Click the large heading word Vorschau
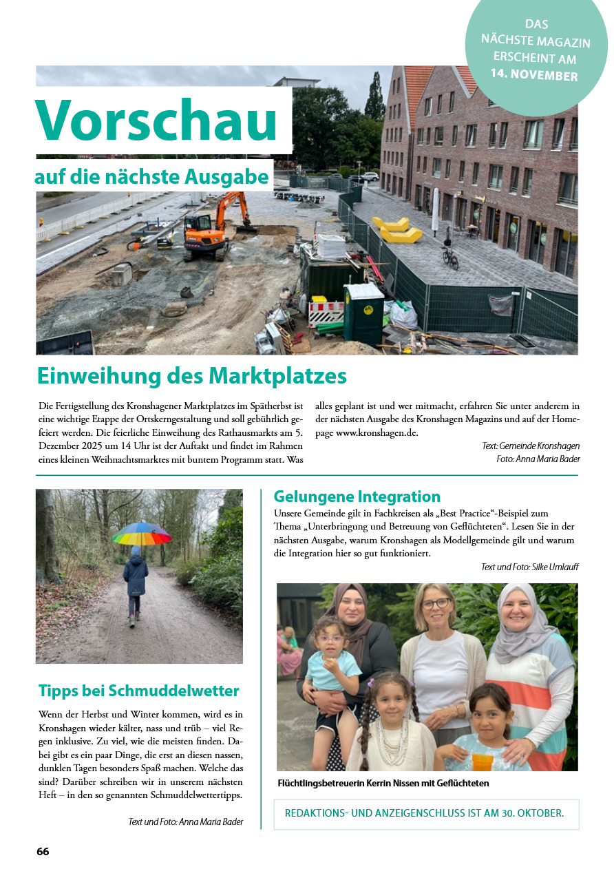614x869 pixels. (157, 120)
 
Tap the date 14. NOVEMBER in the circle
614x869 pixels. (534, 74)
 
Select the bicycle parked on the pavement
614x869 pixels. (449, 256)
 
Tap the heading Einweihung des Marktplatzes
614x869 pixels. (191, 377)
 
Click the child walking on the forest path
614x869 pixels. (136, 583)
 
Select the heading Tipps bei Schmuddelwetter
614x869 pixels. (139, 691)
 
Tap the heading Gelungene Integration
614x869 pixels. (357, 496)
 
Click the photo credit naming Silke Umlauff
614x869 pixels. (529, 567)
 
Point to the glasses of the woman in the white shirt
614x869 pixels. (435, 604)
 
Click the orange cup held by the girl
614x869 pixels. (483, 761)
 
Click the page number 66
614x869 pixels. (43, 851)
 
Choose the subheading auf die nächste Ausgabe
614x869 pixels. (151, 177)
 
